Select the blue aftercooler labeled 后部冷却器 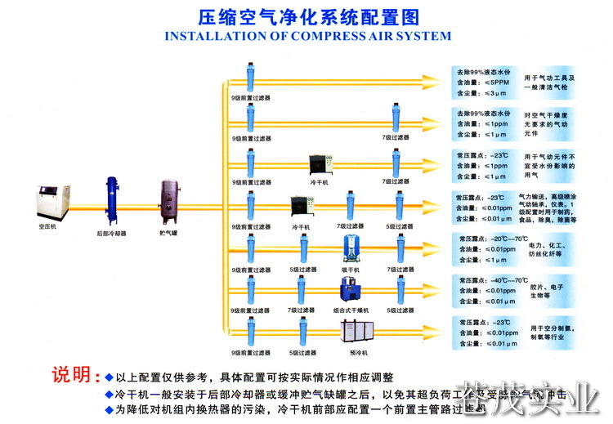(111, 200)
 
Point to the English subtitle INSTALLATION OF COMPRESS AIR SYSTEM (307, 36)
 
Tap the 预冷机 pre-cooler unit (354, 332)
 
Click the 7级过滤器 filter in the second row (396, 120)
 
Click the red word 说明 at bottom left (71, 375)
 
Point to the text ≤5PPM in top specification (497, 83)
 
